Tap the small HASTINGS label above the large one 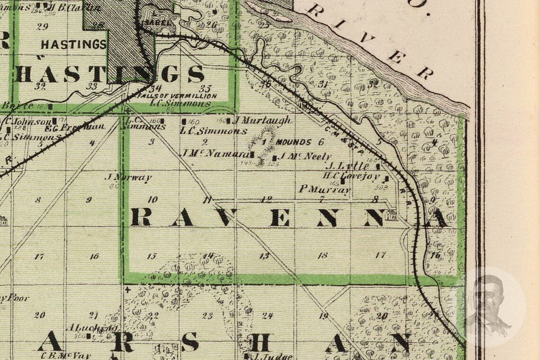(x=73, y=45)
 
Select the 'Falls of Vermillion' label (x=177, y=96)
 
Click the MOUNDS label (x=293, y=142)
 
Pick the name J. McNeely (x=305, y=156)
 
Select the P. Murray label (x=325, y=189)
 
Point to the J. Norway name (x=128, y=178)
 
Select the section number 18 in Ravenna (x=323, y=255)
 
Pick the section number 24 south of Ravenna (x=268, y=315)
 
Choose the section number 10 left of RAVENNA (x=153, y=199)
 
